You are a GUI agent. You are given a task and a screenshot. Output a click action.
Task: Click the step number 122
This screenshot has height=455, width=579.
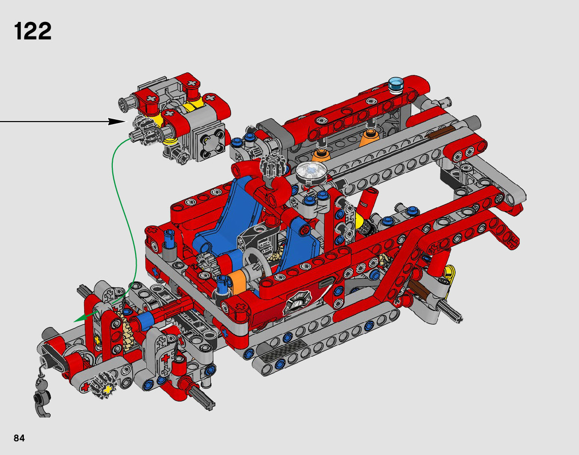[x=33, y=32]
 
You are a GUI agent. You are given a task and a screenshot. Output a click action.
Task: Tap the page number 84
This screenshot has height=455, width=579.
[x=19, y=438]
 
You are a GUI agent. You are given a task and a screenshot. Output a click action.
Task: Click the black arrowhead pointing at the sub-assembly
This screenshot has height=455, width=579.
[x=117, y=121]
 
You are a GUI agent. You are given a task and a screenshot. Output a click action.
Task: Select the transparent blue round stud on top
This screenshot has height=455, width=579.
[x=396, y=85]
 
